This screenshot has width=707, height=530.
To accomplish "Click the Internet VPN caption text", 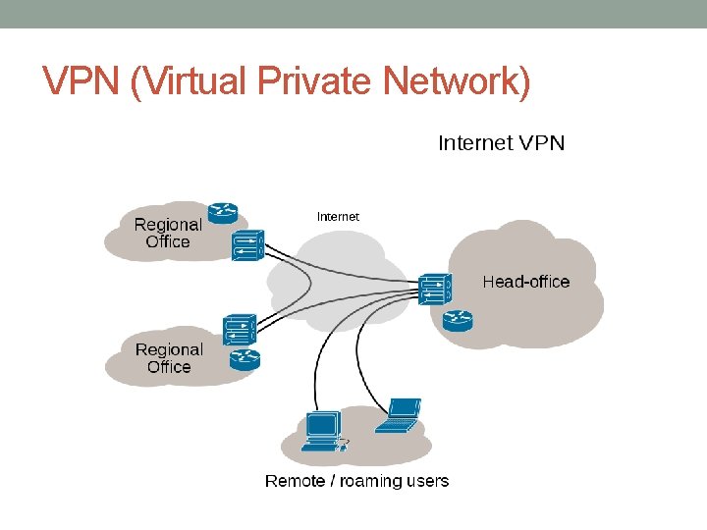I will [501, 143].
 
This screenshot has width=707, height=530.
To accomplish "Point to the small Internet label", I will [338, 216].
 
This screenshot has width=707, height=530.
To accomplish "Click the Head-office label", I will [525, 282].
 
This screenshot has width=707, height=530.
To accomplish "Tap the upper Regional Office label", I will [168, 233].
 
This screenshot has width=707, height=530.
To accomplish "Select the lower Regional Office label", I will [169, 358].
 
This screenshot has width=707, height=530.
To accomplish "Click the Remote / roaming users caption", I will [356, 481].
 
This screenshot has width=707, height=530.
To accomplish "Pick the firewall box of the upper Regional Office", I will [248, 245].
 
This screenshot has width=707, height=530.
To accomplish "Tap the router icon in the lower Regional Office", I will [243, 359].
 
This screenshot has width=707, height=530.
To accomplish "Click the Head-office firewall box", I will [435, 288].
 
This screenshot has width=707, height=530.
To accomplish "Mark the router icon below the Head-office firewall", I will [457, 320].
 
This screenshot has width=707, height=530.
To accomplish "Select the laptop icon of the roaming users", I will [400, 415].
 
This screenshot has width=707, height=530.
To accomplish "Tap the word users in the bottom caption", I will [427, 481].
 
